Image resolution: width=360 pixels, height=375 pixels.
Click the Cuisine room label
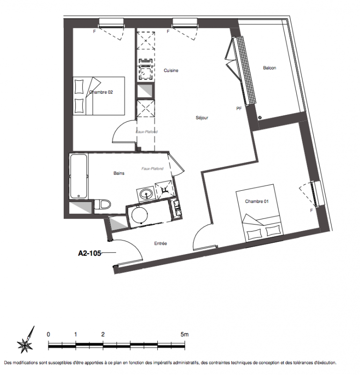(171, 70)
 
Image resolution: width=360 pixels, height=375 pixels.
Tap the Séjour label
(202, 118)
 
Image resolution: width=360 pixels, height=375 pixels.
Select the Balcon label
(270, 68)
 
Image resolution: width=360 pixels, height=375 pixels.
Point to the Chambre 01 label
(257, 202)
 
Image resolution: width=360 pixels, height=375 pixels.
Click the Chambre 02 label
(101, 92)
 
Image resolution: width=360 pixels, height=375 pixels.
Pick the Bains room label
(119, 173)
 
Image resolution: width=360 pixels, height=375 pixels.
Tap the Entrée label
(161, 243)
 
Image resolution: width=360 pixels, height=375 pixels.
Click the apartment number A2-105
(89, 253)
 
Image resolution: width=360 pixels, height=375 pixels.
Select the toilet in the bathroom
(103, 205)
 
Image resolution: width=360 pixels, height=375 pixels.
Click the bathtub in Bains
(78, 176)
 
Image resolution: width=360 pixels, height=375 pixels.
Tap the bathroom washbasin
(146, 194)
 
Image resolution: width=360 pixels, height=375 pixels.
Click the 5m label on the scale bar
(184, 334)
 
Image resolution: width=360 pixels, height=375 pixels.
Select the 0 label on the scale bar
(49, 334)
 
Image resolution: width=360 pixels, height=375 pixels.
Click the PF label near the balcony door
(239, 109)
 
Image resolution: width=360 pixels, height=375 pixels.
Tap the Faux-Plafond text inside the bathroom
(153, 169)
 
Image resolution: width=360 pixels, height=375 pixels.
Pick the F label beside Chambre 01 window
(311, 210)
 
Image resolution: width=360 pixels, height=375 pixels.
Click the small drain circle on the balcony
(260, 118)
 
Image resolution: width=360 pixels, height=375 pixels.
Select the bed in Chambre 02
(99, 96)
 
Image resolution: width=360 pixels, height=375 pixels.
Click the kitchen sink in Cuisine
(146, 41)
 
